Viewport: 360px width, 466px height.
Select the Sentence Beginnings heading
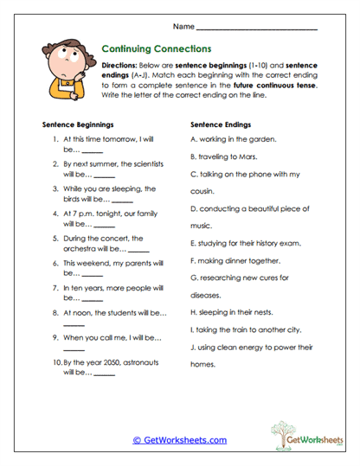78,124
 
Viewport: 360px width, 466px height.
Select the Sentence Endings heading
221,124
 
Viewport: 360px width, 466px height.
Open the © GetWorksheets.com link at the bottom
179,440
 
